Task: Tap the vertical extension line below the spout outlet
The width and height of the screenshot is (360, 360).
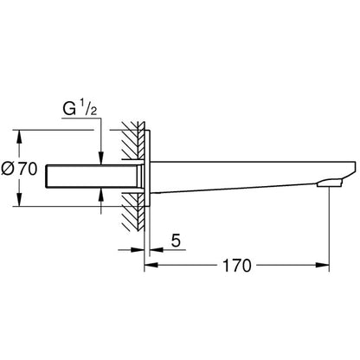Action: click(x=331, y=229)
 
